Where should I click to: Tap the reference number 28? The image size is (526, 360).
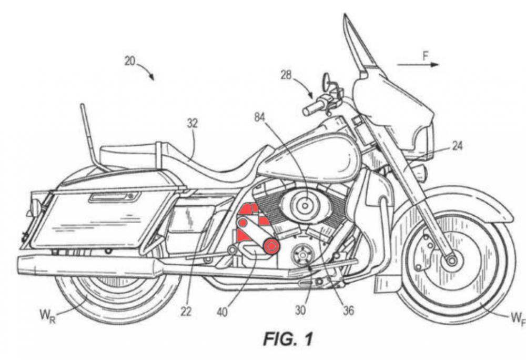point(286,75)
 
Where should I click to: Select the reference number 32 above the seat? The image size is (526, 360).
point(193,124)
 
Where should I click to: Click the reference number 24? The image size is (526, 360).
point(457,146)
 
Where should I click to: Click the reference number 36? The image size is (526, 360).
point(348,311)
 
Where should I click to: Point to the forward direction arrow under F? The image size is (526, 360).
point(418,65)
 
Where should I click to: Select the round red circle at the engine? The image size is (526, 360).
point(271,246)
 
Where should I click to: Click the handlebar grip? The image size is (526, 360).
point(311,108)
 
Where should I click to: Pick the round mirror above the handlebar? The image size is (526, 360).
point(327,80)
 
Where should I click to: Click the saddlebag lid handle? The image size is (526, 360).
point(114,197)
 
